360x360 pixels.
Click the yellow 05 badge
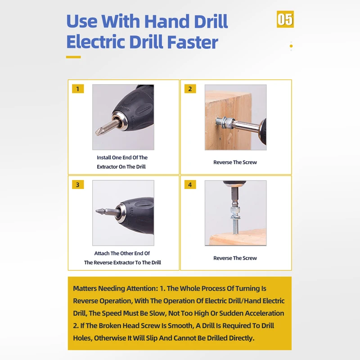click(x=285, y=19)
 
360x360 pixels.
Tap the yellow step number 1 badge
click(x=78, y=89)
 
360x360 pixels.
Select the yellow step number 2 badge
click(x=190, y=89)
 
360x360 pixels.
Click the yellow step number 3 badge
click(x=78, y=185)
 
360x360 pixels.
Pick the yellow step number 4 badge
click(x=190, y=185)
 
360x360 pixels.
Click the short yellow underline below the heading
click(x=73, y=57)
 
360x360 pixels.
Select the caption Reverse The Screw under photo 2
click(x=235, y=162)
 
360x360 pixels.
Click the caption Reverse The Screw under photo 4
click(x=235, y=258)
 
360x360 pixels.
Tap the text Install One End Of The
click(x=122, y=158)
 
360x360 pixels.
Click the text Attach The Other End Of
click(x=122, y=254)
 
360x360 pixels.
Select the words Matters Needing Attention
click(x=114, y=288)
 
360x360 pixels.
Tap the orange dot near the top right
click(x=291, y=46)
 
